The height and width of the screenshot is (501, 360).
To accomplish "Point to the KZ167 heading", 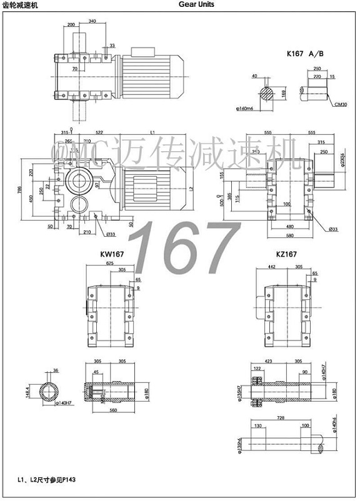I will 286,255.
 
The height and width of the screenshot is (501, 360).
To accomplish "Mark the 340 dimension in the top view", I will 92,21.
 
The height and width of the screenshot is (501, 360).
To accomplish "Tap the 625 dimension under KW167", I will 110,264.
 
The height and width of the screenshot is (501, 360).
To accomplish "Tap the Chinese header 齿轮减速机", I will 20,4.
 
